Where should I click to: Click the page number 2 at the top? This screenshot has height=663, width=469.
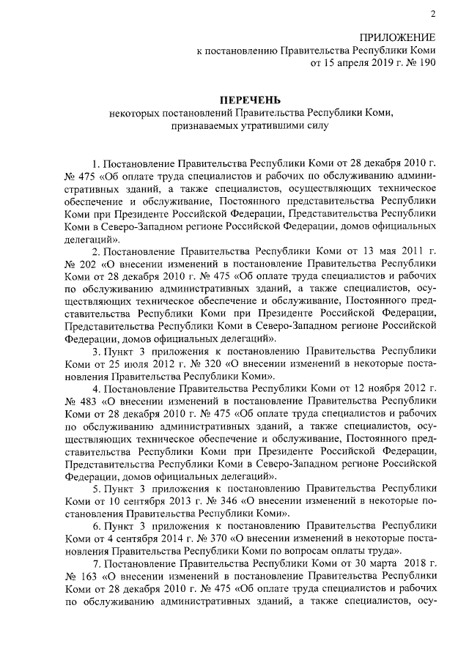432,15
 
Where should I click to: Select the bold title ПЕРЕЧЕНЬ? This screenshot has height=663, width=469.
251,99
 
